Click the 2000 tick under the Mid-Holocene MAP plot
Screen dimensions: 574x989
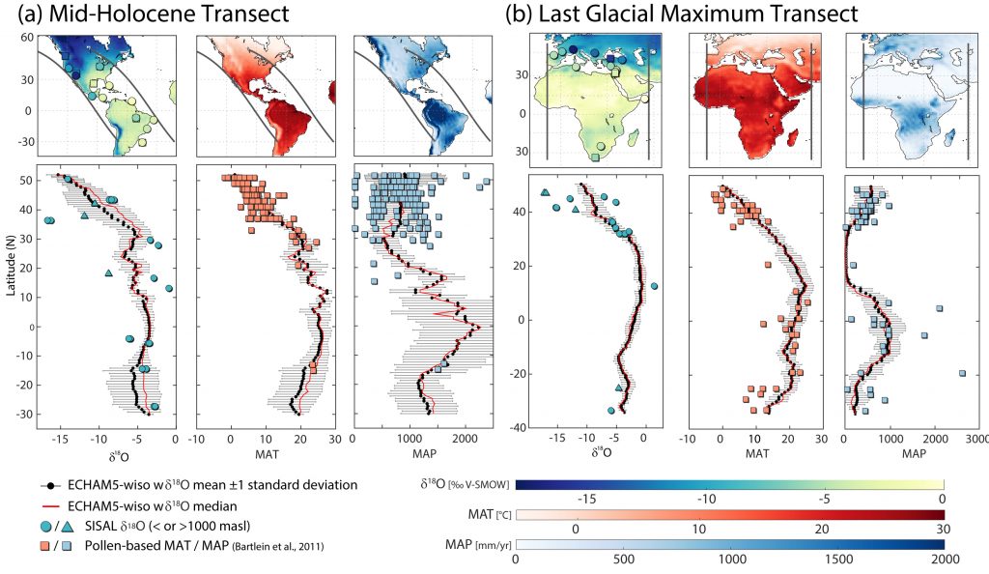pos(466,436)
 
